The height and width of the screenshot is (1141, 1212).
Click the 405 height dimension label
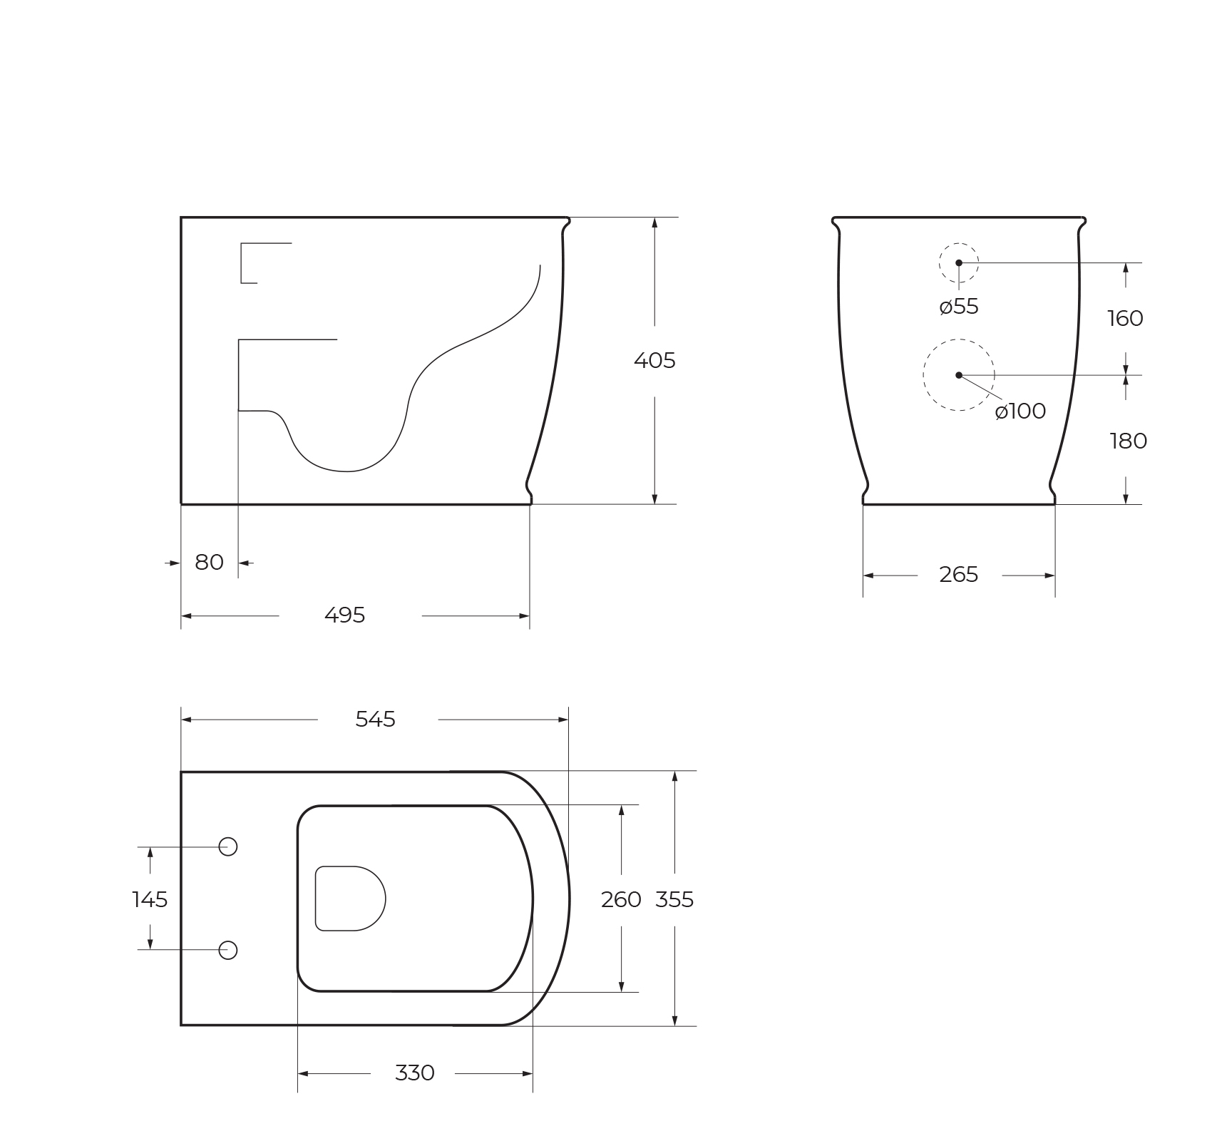(654, 361)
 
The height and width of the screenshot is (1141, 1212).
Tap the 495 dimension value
(344, 615)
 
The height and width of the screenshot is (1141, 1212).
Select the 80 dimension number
(209, 563)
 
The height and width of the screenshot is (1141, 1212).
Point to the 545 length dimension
(375, 720)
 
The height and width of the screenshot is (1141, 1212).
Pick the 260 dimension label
(621, 900)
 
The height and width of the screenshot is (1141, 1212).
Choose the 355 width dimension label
(674, 900)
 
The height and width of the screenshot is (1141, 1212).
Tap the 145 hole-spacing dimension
(150, 900)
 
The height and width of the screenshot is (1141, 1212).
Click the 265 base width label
(958, 575)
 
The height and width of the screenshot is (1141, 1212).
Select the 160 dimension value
(1125, 318)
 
